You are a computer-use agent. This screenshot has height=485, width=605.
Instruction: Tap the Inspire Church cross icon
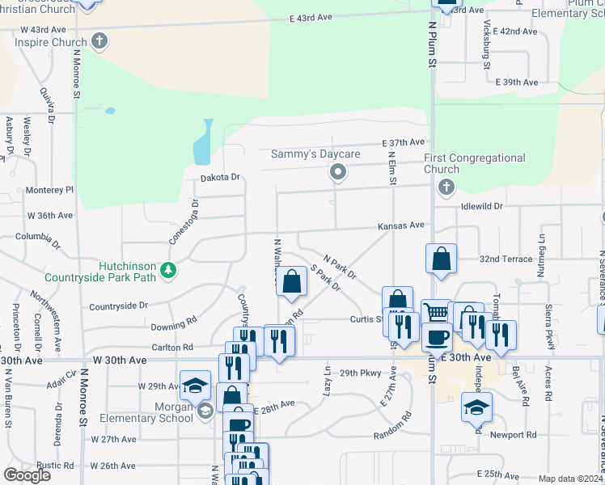point(99,41)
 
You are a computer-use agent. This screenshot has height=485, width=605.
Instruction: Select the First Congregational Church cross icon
point(445,188)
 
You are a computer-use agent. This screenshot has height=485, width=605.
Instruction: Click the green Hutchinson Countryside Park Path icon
point(167,270)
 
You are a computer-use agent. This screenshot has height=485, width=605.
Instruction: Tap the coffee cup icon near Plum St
point(437,336)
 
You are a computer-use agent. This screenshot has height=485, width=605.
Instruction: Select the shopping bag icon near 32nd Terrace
point(441,260)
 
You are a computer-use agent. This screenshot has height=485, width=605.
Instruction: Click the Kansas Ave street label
point(401,226)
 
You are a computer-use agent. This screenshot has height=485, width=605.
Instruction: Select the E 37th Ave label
point(404,142)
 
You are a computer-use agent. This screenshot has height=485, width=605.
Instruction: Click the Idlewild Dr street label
point(481,206)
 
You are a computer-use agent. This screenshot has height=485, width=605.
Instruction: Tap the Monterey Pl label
point(49,190)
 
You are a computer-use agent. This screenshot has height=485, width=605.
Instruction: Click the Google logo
point(27,475)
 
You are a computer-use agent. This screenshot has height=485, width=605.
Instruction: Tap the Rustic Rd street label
point(55,466)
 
